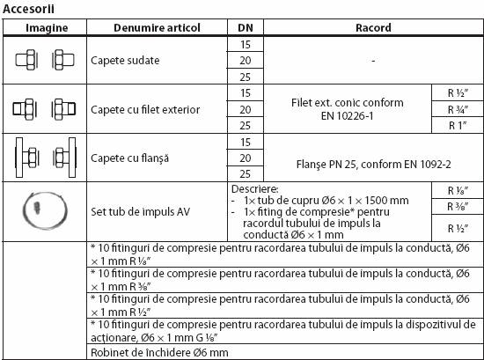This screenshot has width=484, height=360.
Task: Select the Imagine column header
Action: click(x=44, y=27)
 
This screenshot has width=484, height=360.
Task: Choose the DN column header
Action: click(x=245, y=27)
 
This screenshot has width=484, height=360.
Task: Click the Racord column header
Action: click(x=372, y=27)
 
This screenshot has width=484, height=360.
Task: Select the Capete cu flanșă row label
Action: click(x=130, y=157)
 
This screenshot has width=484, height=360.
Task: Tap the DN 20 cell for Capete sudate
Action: click(x=245, y=60)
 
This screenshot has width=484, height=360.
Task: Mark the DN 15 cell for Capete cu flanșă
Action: click(x=245, y=141)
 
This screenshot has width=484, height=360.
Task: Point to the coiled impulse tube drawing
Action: click(x=44, y=208)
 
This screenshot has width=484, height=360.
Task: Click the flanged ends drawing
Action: click(x=44, y=157)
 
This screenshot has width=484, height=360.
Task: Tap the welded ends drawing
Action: click(x=44, y=60)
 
